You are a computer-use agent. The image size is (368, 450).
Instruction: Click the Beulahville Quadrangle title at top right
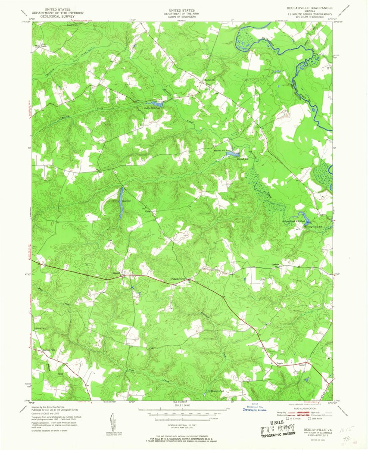coord(306,8)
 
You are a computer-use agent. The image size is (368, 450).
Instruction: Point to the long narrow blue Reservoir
coord(122,203)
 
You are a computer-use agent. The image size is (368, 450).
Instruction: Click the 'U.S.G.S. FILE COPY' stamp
coord(277,430)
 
